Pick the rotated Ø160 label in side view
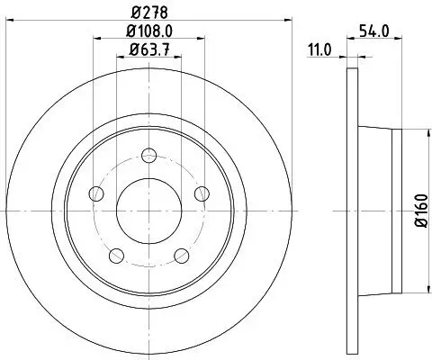coord(418,211)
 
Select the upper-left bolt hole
coord(96,193)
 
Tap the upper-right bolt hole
coord(202,193)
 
